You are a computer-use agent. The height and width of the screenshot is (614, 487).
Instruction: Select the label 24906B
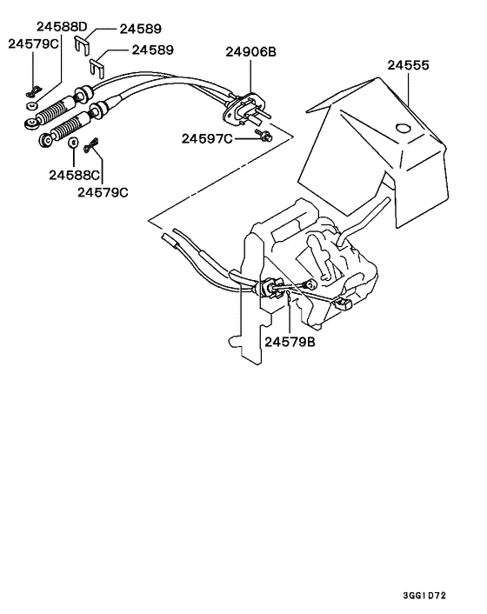tap(250, 52)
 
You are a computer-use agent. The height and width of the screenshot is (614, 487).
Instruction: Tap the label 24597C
tap(207, 138)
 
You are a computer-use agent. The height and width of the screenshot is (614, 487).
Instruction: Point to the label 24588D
tap(62, 26)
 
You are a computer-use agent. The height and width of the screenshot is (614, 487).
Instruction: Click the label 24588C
tap(73, 174)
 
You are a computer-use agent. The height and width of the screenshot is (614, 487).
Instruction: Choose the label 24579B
tap(290, 341)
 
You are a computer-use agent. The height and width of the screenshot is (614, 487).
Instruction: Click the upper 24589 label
tap(139, 28)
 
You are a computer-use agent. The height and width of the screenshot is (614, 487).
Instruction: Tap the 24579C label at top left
tap(34, 43)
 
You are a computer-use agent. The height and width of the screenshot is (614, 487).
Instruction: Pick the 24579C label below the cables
tap(103, 191)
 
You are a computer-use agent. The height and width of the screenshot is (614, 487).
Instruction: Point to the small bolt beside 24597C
tap(265, 136)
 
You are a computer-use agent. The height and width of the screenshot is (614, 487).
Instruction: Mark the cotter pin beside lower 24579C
tap(90, 150)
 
